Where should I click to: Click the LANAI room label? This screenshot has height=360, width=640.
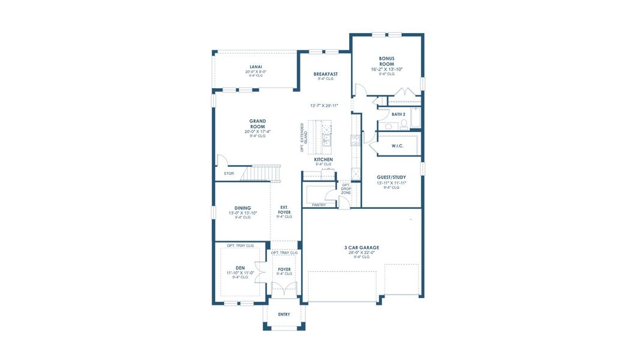[x=256, y=67]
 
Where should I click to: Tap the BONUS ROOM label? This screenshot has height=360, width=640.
[x=386, y=61]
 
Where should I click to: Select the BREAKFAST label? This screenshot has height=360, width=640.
[x=326, y=74]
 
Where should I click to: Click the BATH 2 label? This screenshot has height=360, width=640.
[x=399, y=114]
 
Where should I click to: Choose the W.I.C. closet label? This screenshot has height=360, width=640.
[x=397, y=145]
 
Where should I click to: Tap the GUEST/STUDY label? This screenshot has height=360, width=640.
[x=392, y=177]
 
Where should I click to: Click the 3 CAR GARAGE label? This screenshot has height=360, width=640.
[x=361, y=247]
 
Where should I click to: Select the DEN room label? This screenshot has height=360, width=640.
[x=240, y=268]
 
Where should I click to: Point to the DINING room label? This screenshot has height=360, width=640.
[x=242, y=208]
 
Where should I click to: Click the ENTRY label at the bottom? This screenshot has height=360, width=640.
[x=284, y=314]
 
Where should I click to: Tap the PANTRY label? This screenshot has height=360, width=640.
[x=319, y=205]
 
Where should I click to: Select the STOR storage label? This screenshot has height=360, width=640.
[x=229, y=173]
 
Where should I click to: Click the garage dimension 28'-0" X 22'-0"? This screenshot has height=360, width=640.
[x=361, y=252]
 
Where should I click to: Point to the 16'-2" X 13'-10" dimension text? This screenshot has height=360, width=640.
[x=386, y=70]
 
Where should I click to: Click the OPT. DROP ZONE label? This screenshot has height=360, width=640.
[x=345, y=189]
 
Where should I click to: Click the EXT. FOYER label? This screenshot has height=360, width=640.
[x=284, y=210]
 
